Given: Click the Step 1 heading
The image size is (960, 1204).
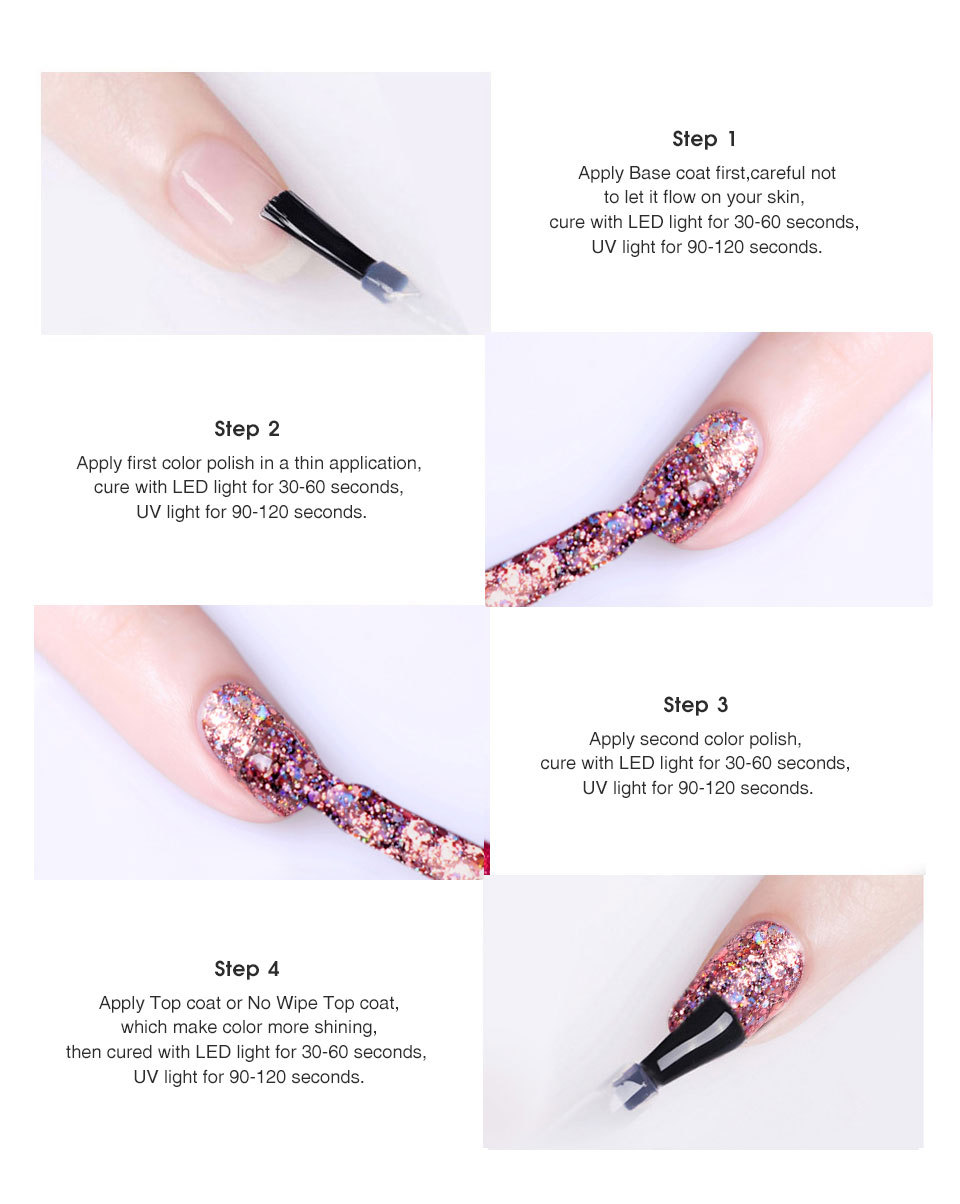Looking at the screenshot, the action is pyautogui.click(x=704, y=139).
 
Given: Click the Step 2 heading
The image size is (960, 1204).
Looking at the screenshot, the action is pyautogui.click(x=247, y=429).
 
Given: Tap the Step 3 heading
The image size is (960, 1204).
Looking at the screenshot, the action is pyautogui.click(x=695, y=704).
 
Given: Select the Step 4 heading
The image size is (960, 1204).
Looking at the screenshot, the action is pyautogui.click(x=247, y=968).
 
